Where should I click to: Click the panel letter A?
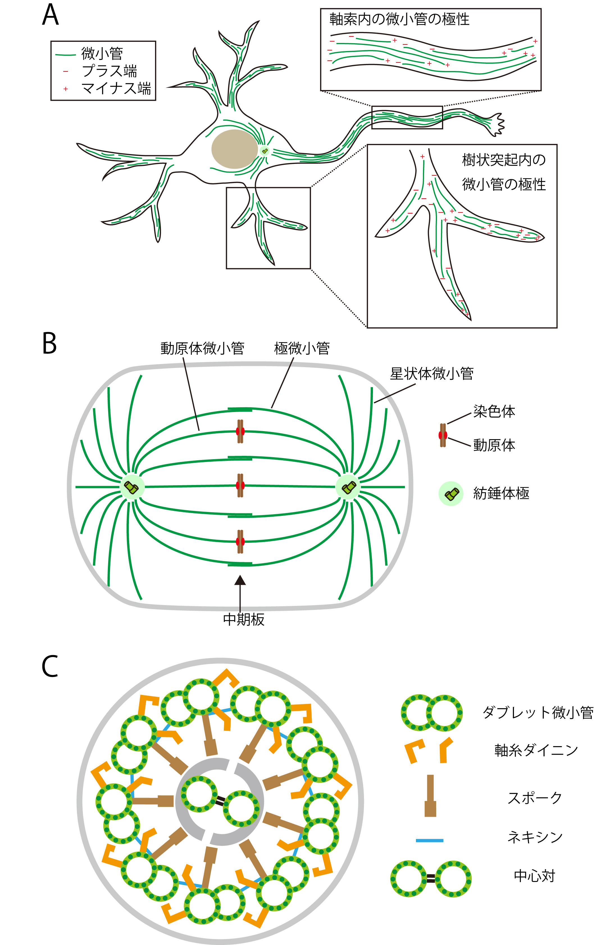(50, 16)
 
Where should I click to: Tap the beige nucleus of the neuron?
(235, 149)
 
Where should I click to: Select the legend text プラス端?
(110, 71)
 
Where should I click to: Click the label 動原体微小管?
(202, 348)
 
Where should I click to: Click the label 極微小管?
(302, 348)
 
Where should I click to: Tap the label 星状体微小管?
(431, 374)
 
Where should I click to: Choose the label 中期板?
(243, 619)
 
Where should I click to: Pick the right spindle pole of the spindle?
(348, 488)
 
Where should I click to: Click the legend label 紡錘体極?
(501, 493)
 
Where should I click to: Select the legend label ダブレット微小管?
(538, 712)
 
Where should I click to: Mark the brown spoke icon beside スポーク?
(430, 795)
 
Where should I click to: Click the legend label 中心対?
(534, 876)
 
